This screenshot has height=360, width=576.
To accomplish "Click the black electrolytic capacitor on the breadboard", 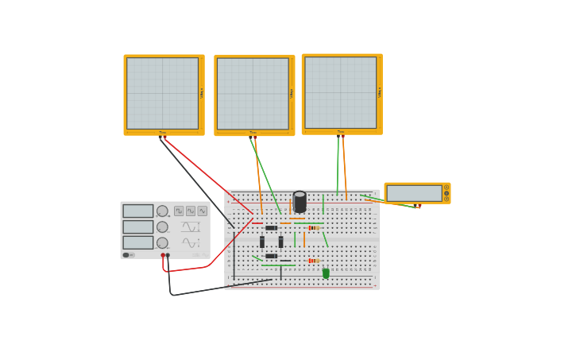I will (300, 201).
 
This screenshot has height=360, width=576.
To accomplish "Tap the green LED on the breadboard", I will (326, 273).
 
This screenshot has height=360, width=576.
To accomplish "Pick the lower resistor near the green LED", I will (313, 261).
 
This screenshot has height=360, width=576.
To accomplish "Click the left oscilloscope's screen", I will (162, 93).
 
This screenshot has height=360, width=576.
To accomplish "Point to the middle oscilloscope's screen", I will (253, 94).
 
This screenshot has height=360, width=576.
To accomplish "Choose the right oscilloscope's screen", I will (340, 92).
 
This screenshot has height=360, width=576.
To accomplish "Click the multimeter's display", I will (414, 193).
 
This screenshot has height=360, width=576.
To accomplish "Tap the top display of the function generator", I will (137, 211).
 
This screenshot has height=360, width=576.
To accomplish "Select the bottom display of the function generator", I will (137, 242).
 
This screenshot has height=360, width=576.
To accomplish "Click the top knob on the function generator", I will (162, 211).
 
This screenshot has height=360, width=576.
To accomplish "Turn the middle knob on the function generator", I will (162, 227).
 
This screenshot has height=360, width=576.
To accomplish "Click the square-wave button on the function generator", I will (179, 211).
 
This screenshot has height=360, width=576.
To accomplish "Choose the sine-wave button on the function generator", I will (202, 211).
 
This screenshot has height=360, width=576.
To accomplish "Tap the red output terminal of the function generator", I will (163, 255).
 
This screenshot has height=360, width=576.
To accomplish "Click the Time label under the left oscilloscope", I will (162, 133).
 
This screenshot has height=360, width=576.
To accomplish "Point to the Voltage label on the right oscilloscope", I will (380, 92).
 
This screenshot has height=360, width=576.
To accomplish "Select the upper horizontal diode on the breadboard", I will (271, 228).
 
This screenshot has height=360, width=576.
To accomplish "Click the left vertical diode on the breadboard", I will (262, 242).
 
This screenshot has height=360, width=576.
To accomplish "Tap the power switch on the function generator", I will (127, 255).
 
